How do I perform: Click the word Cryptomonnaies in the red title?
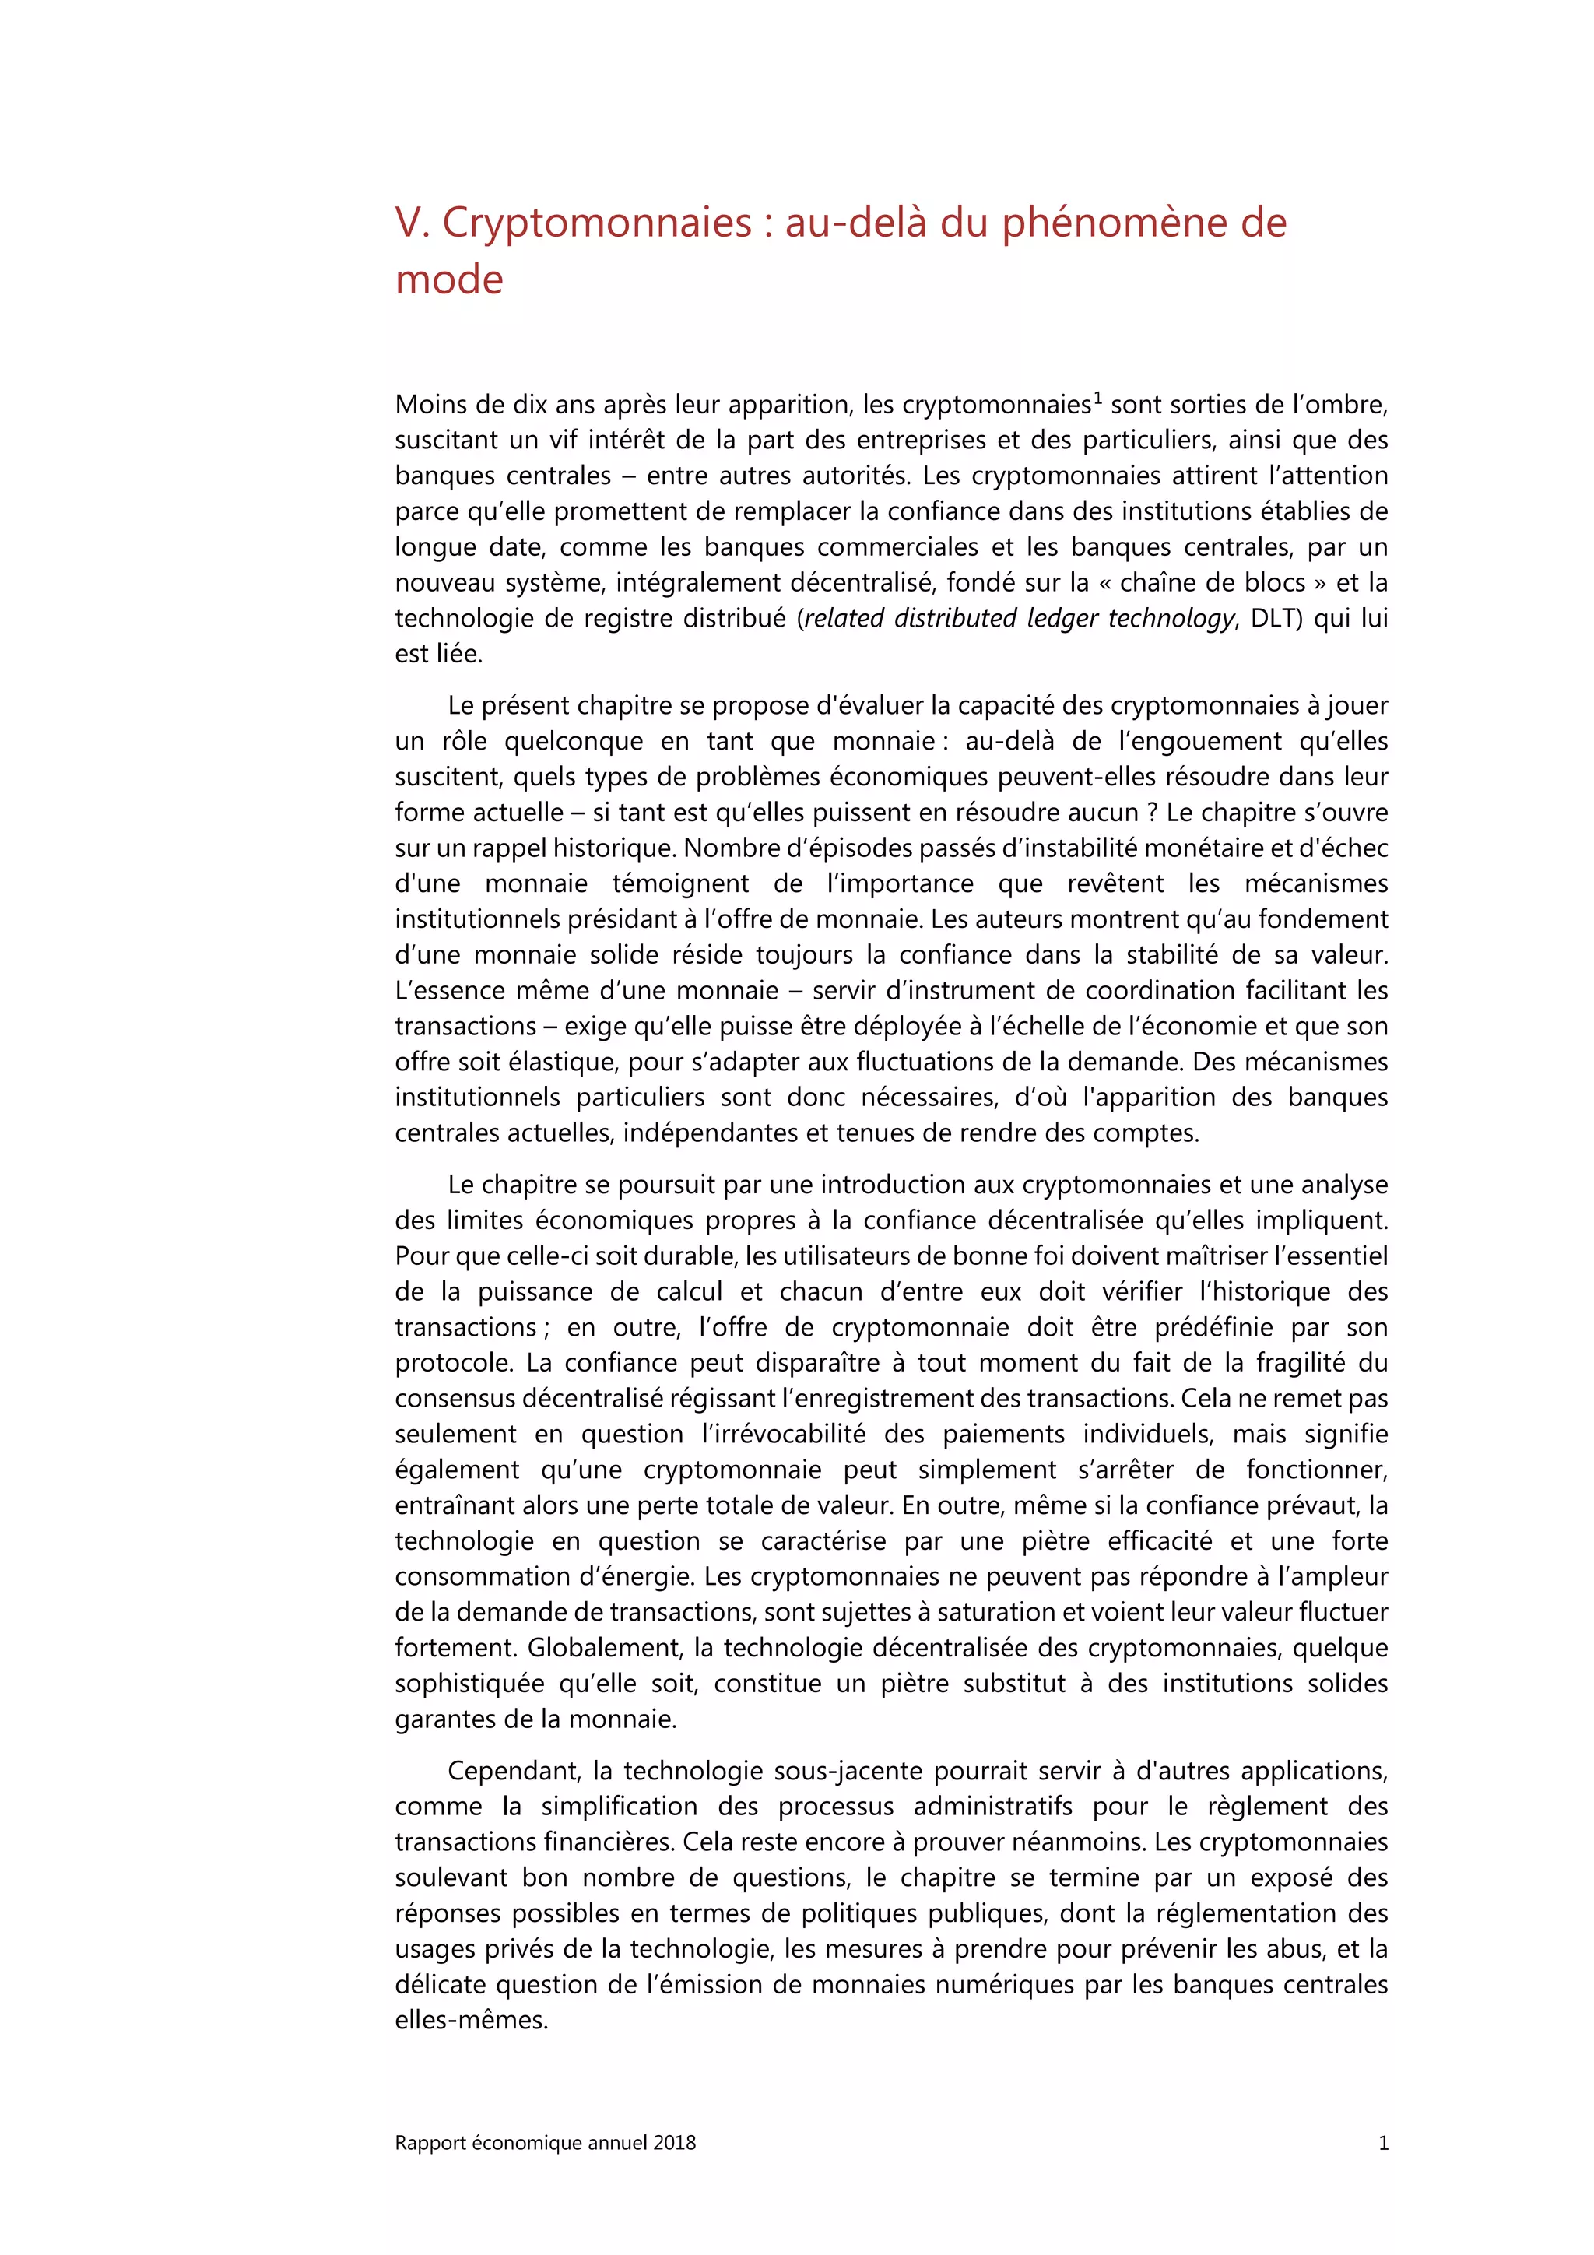[x=596, y=224]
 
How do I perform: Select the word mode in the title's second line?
[x=449, y=280]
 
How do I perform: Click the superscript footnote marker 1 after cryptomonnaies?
[x=1098, y=398]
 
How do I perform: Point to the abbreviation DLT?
[x=1275, y=619]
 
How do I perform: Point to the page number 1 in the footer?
[x=1383, y=2143]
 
